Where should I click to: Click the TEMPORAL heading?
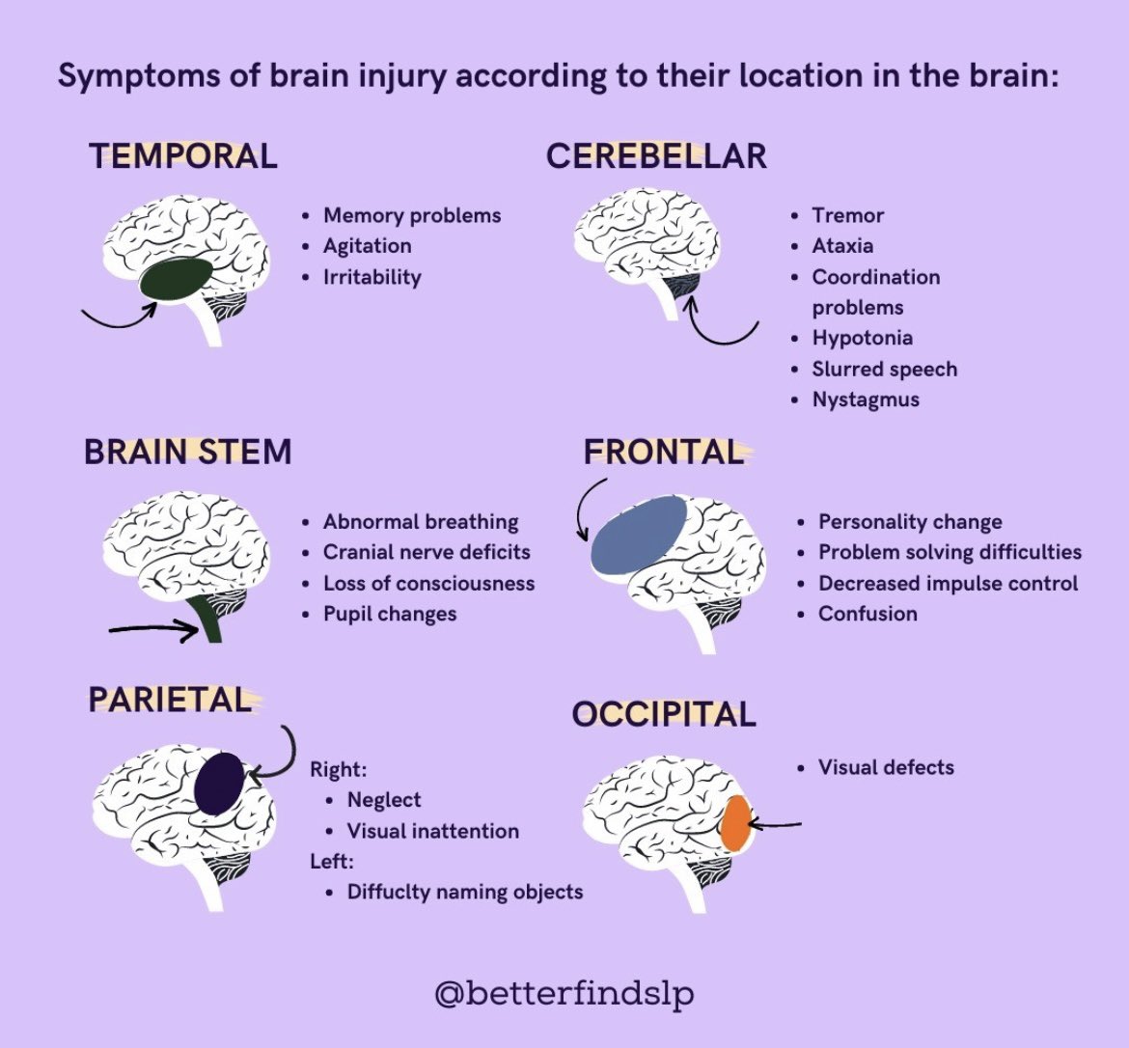[183, 155]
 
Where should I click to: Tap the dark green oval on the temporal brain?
[176, 280]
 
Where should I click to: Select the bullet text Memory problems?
[412, 215]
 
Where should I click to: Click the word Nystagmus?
[866, 400]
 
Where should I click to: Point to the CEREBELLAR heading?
[656, 155]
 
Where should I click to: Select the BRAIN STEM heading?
[188, 452]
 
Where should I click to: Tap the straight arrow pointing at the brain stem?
[154, 628]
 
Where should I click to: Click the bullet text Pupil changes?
[390, 614]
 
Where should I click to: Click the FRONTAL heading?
[664, 452]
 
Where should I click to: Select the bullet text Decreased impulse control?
[948, 583]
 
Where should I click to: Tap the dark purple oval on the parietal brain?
[219, 783]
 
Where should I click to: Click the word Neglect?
[384, 800]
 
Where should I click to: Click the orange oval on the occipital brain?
[735, 823]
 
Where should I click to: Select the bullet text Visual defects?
[886, 768]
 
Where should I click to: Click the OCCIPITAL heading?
[664, 714]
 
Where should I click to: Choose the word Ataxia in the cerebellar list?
[842, 246]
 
